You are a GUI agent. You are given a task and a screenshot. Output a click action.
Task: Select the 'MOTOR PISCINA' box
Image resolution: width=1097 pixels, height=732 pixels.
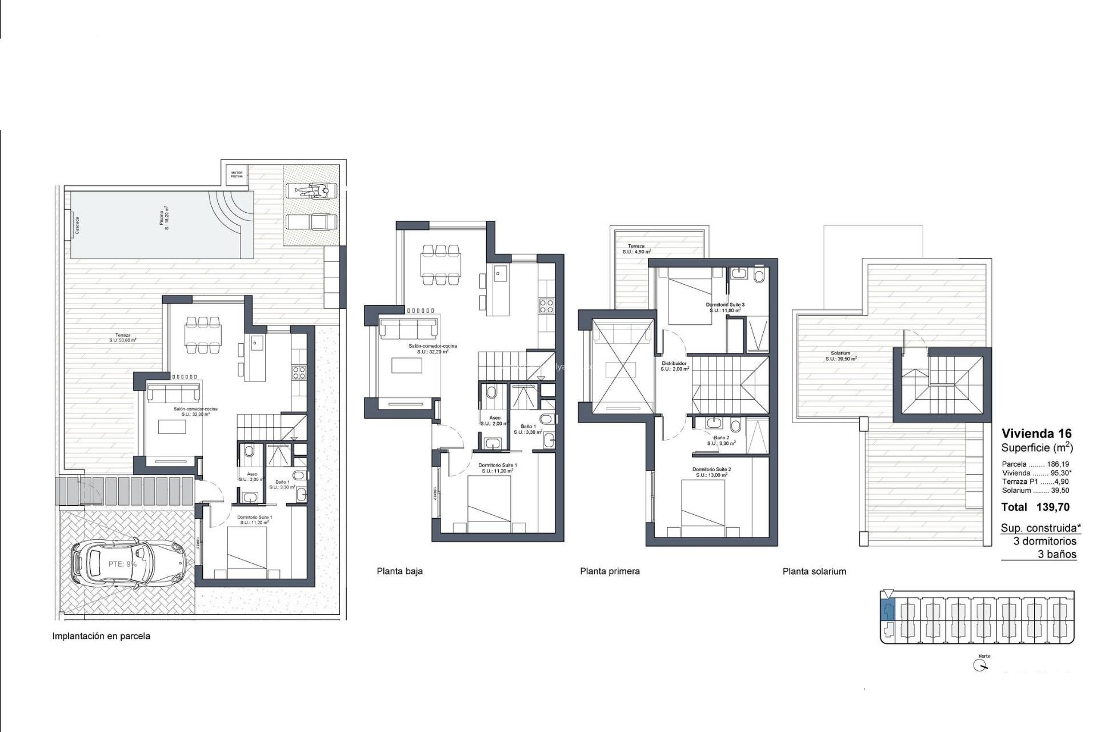tap(237, 174)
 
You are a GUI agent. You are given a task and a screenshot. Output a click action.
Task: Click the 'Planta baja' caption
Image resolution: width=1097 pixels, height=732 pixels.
tap(399, 571)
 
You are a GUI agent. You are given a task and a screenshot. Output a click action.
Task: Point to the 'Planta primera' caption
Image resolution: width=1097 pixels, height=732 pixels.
tap(610, 571)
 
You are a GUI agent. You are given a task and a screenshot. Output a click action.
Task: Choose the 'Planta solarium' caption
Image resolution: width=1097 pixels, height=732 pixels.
tap(814, 571)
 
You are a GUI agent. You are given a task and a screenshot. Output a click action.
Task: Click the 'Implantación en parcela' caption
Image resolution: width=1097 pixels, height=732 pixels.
tap(101, 636)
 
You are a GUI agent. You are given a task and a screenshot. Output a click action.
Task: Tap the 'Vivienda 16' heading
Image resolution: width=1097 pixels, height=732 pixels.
tap(1036, 433)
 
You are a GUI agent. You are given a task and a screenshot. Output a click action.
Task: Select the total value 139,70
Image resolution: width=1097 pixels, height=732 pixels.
tap(1052, 507)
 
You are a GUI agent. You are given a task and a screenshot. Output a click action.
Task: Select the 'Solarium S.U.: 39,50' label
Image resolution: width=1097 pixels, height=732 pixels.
tap(840, 356)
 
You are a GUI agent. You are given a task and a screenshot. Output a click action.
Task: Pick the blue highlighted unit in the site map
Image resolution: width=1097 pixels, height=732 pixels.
tap(887, 612)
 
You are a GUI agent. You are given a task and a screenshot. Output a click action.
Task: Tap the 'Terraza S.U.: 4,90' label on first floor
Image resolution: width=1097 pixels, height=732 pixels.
tap(636, 249)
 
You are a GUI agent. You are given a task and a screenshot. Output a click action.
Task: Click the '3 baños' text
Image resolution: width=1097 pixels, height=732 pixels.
tap(1056, 554)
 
